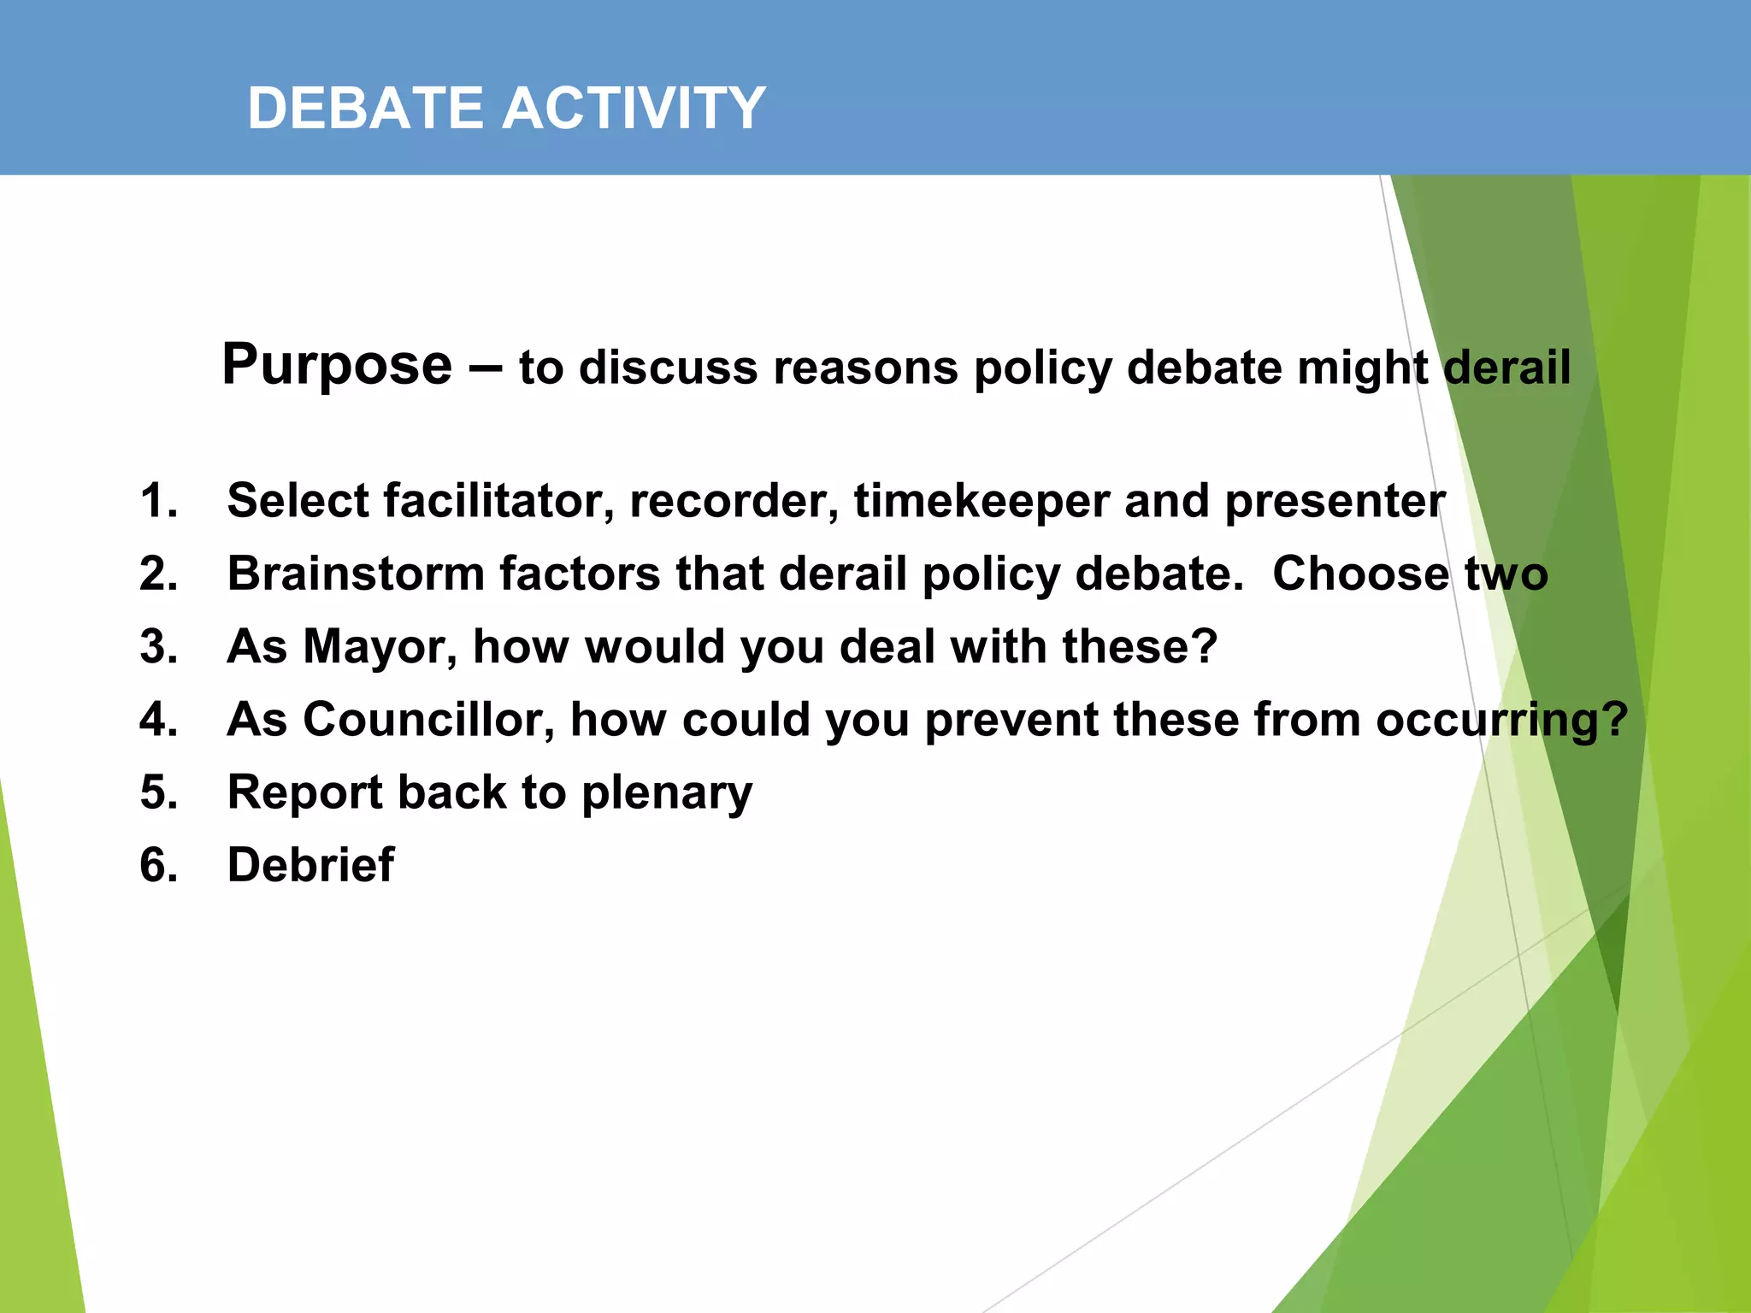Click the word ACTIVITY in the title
click(634, 109)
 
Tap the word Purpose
click(337, 365)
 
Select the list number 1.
click(158, 501)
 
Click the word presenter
click(1335, 501)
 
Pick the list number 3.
click(158, 646)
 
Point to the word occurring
click(1501, 720)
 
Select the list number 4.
click(158, 720)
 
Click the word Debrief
click(310, 865)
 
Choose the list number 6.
click(158, 865)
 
